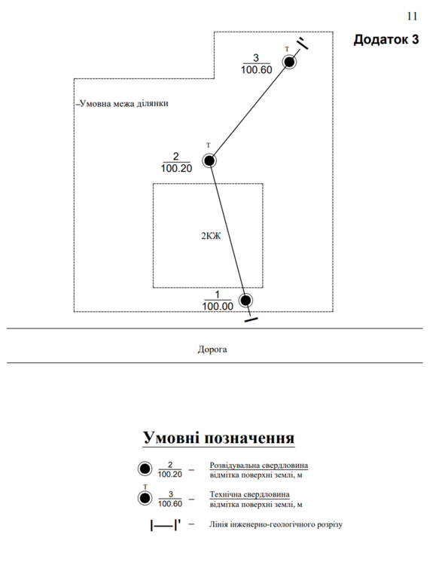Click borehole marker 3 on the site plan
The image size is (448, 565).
point(289,62)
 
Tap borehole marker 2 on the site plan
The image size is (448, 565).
point(209,160)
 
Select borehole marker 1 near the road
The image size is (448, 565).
point(245,300)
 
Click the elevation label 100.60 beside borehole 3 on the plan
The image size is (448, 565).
point(257,70)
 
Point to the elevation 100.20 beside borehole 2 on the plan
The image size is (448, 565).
point(176,168)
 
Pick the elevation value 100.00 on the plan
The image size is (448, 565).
point(218,307)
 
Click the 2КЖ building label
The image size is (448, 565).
point(211,236)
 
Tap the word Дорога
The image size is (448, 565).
point(212,349)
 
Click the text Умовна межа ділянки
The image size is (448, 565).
point(123,104)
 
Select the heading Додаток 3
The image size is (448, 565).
point(386,39)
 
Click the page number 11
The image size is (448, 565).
point(412,17)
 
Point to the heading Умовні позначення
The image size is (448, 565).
point(218,438)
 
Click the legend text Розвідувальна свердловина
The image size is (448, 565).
point(258,466)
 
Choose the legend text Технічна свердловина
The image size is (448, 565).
point(249,494)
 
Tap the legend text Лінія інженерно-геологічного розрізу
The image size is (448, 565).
point(276,524)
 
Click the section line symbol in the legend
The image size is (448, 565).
point(165,525)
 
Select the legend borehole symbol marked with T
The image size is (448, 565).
point(145,499)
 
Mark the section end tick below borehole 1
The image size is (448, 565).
point(251,319)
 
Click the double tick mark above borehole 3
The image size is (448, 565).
point(303,43)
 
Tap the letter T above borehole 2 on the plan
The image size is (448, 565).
point(208,145)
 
